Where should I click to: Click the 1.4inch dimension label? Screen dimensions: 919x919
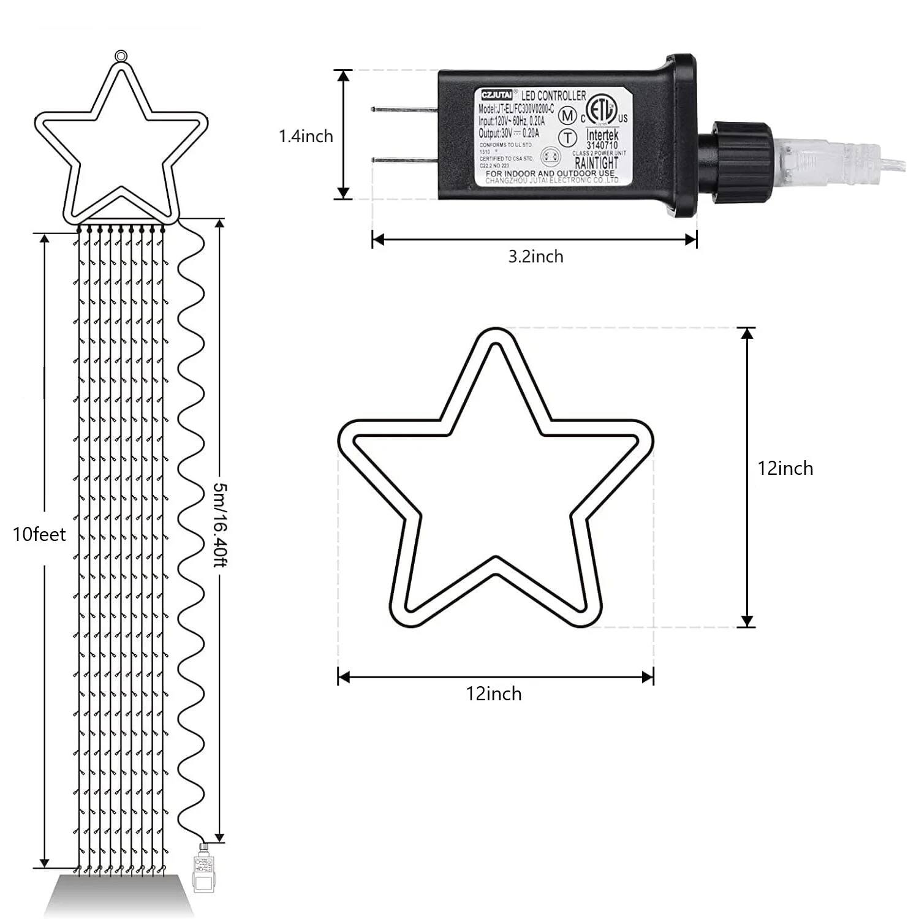pyautogui.click(x=306, y=136)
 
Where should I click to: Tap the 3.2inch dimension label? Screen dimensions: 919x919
pyautogui.click(x=535, y=257)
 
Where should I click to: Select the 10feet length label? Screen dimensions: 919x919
pyautogui.click(x=39, y=535)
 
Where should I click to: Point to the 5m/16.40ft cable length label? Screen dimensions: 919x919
pyautogui.click(x=220, y=524)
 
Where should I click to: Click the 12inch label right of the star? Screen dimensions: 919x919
pyautogui.click(x=785, y=469)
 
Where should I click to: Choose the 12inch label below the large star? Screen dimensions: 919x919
pyautogui.click(x=494, y=694)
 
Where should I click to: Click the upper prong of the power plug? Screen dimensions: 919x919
pyautogui.click(x=404, y=110)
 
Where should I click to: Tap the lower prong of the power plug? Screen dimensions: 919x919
pyautogui.click(x=404, y=161)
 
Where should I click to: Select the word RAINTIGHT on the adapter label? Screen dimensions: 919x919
pyautogui.click(x=596, y=163)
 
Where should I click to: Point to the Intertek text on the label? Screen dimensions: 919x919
pyautogui.click(x=602, y=134)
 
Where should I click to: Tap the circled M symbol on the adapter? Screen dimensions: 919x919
pyautogui.click(x=568, y=115)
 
